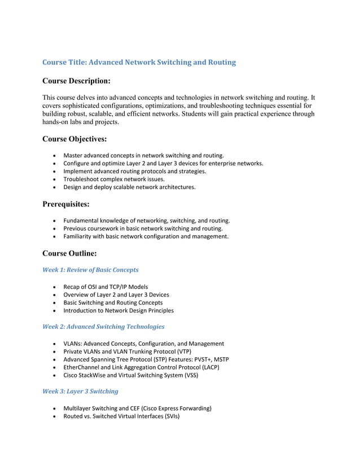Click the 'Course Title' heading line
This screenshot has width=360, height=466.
139,62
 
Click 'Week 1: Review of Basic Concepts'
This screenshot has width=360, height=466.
90,270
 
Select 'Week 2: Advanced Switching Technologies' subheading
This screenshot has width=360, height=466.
103,327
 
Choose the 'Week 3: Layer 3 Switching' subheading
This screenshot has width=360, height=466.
80,391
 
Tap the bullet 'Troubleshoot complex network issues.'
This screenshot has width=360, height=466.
114,179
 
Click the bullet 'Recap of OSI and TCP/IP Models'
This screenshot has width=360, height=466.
106,287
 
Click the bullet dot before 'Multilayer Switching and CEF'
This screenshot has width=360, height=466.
54,408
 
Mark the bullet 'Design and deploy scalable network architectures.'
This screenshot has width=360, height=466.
129,187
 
